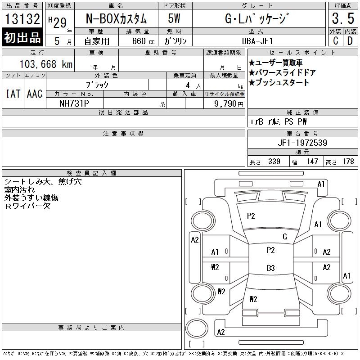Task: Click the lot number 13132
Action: pyautogui.click(x=22, y=18)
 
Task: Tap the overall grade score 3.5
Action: pyautogui.click(x=343, y=18)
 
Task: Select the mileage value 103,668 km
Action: pyautogui.click(x=46, y=64)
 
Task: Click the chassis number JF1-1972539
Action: pyautogui.click(x=302, y=143)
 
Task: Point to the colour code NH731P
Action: pyautogui.click(x=74, y=103)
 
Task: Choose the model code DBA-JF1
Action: pyautogui.click(x=257, y=41)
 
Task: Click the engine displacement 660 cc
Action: pyautogui.click(x=143, y=41)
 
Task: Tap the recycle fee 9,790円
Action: pyautogui.click(x=229, y=103)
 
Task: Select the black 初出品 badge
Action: pyautogui.click(x=22, y=37)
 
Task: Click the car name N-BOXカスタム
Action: pyautogui.click(x=116, y=18)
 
